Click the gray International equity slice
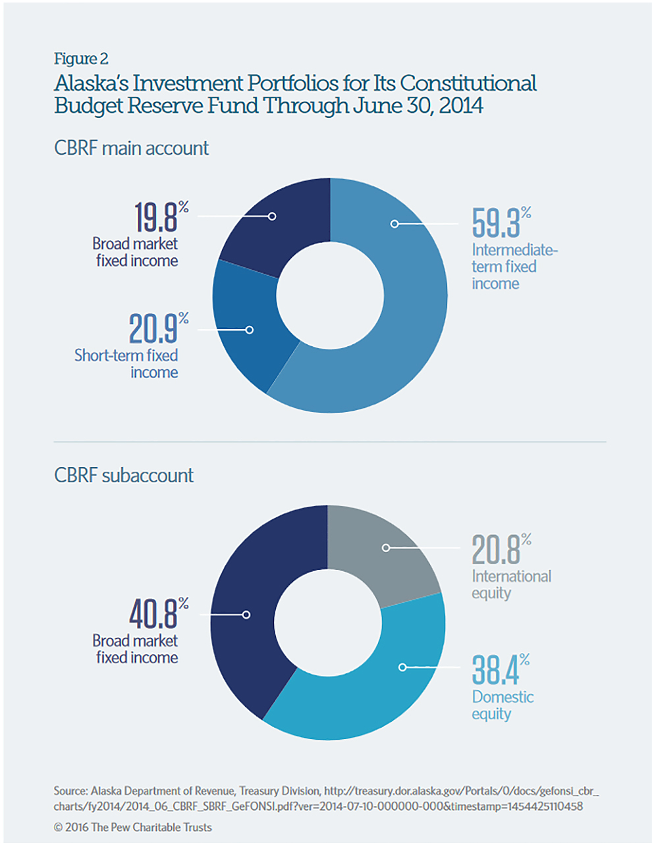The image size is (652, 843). pyautogui.click(x=389, y=553)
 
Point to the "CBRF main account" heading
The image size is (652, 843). pyautogui.click(x=131, y=148)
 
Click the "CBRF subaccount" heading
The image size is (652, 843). pyautogui.click(x=124, y=475)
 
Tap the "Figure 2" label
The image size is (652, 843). pyautogui.click(x=81, y=59)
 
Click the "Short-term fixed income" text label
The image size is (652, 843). pyautogui.click(x=126, y=364)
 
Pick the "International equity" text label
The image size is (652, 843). pyautogui.click(x=511, y=584)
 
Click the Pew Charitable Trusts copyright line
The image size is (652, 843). pyautogui.click(x=133, y=827)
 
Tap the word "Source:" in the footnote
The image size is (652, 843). pyautogui.click(x=70, y=791)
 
